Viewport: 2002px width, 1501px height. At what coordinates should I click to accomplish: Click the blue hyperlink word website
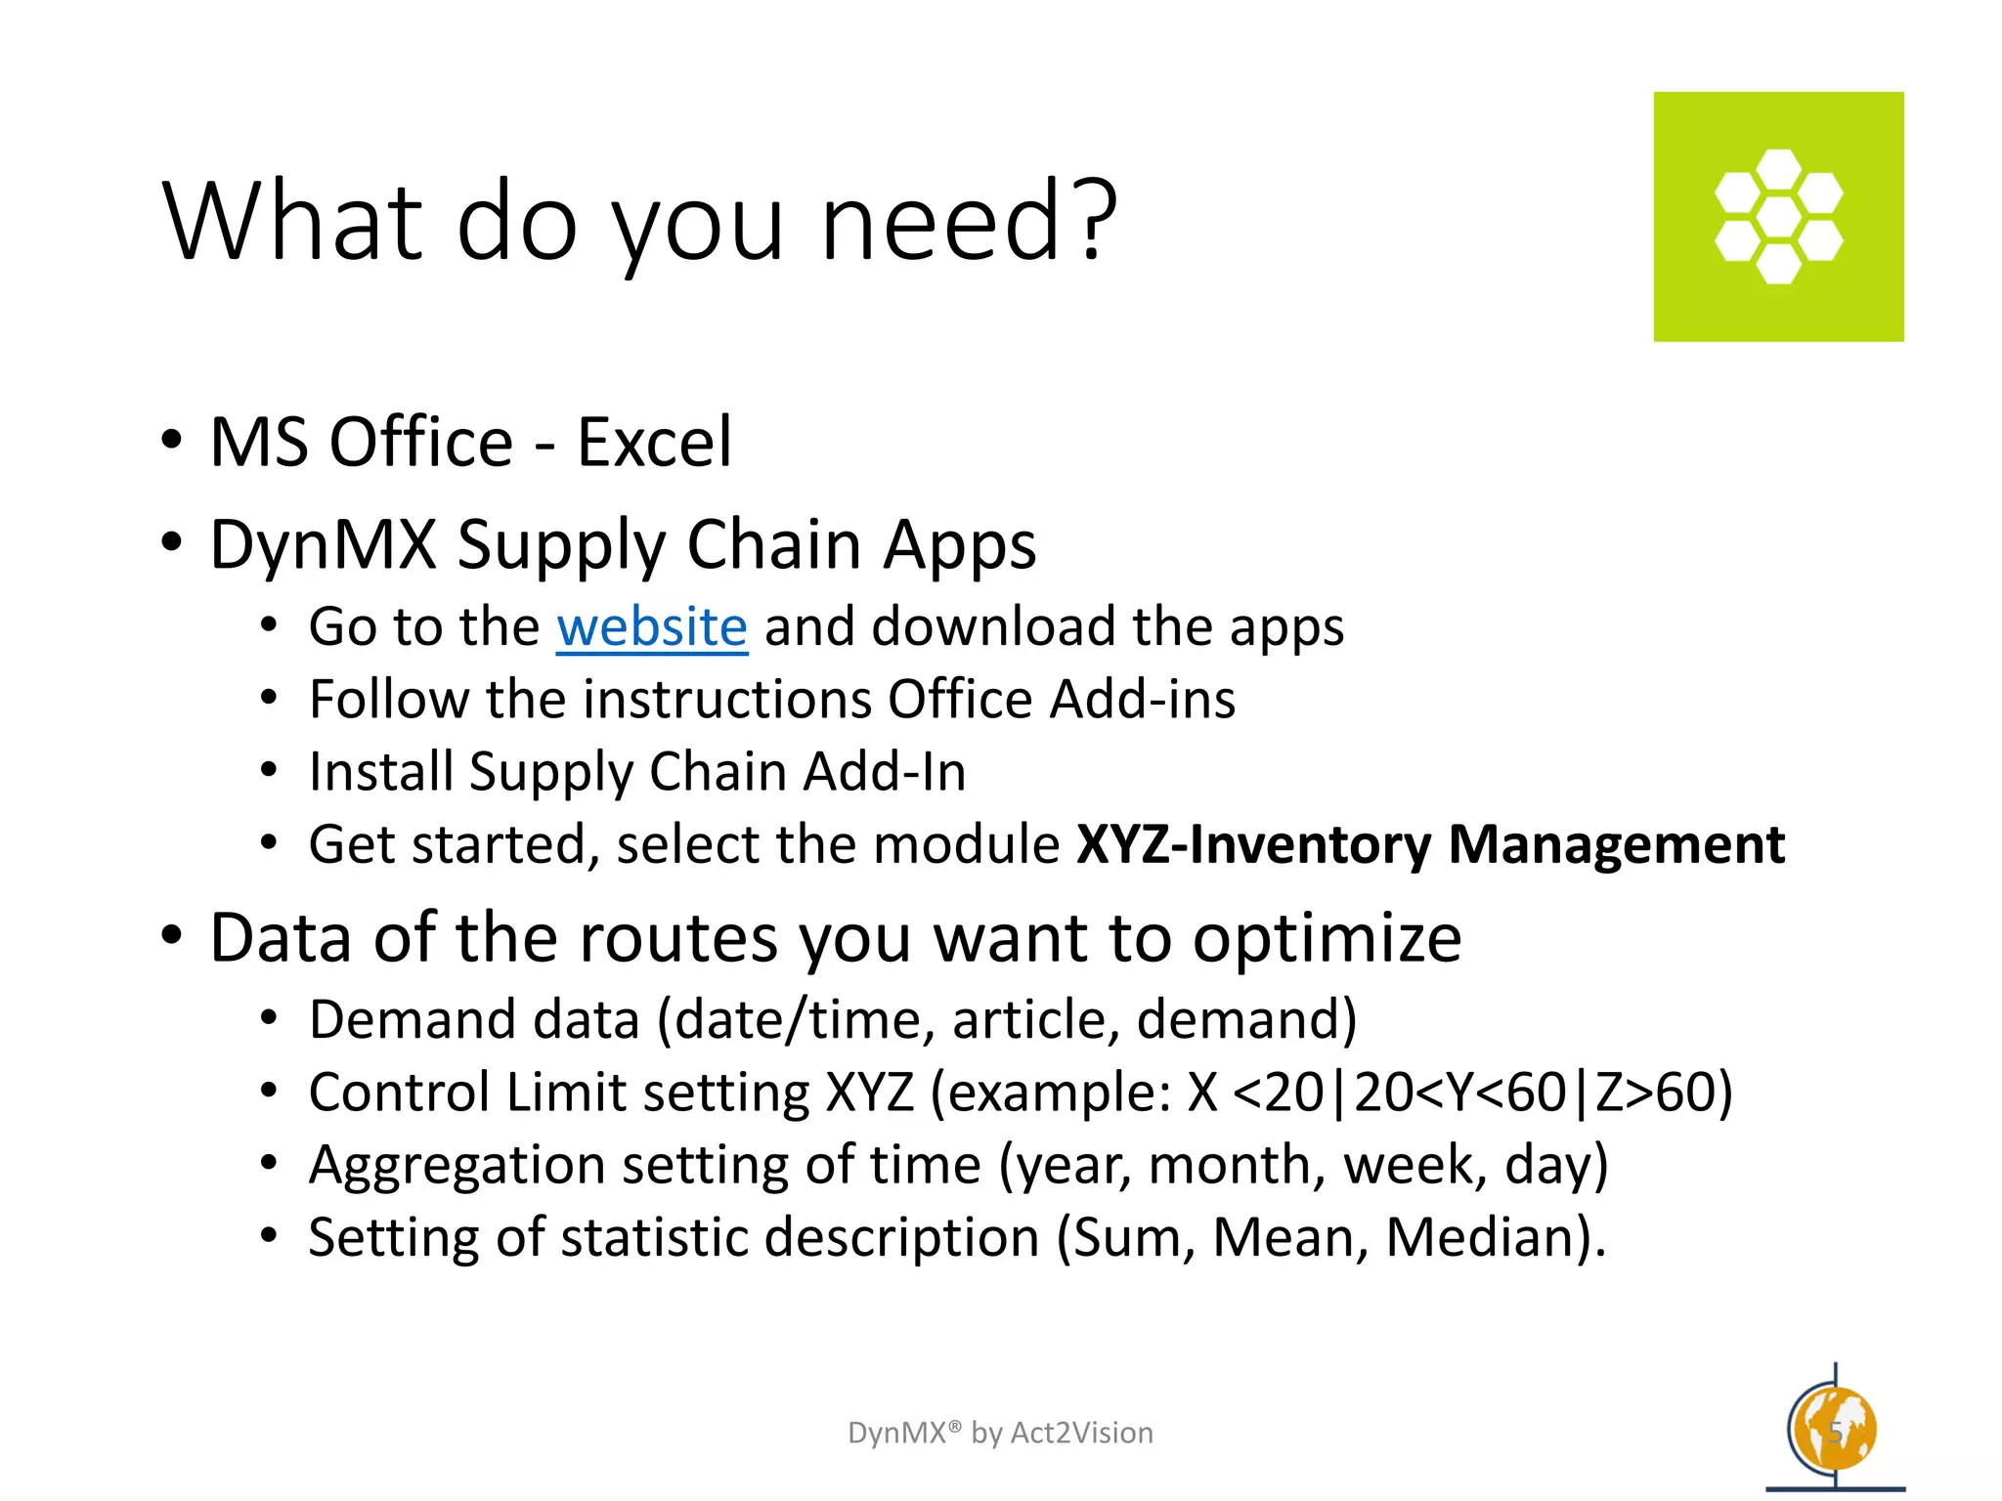click(652, 626)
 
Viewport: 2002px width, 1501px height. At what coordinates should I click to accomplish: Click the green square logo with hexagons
click(1778, 217)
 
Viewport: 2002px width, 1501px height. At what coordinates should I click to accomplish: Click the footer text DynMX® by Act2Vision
click(1000, 1433)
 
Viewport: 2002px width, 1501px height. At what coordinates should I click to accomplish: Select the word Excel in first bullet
click(654, 442)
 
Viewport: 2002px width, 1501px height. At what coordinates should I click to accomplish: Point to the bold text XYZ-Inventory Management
click(1430, 844)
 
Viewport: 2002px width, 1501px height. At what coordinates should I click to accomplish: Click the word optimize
click(1327, 938)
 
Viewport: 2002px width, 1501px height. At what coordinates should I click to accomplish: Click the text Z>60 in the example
click(1654, 1093)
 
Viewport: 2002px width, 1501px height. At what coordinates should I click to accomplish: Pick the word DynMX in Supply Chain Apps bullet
click(323, 544)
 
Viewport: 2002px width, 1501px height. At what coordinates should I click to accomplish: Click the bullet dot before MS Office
click(172, 441)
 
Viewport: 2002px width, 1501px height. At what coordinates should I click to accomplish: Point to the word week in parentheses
click(1414, 1165)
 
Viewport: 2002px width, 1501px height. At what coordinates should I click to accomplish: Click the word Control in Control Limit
click(399, 1093)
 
